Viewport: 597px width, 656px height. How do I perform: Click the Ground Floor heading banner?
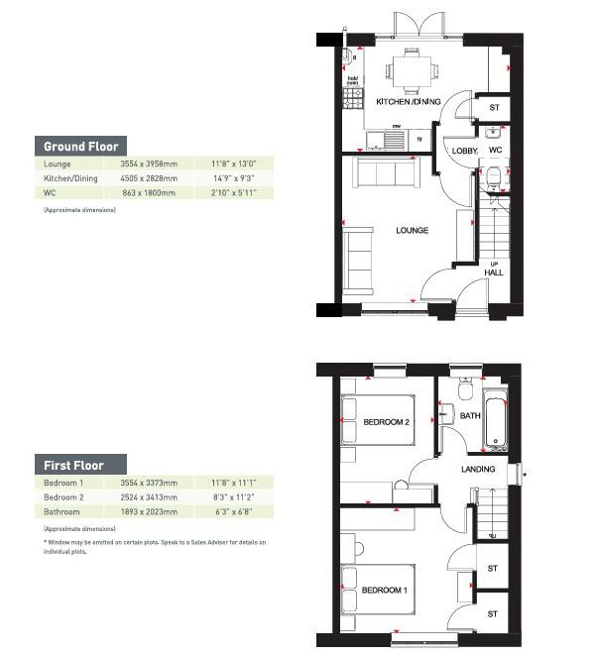click(x=81, y=146)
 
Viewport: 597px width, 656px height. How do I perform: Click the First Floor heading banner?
click(x=81, y=465)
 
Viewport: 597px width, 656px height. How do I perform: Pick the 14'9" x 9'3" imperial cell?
click(x=234, y=178)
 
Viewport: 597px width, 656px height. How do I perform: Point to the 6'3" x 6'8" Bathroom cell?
click(x=234, y=512)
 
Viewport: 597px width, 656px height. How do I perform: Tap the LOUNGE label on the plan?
click(x=412, y=231)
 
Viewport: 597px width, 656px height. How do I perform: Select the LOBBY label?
click(x=464, y=151)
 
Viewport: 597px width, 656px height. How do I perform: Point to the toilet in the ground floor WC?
click(x=495, y=176)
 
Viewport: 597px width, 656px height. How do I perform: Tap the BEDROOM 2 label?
click(x=385, y=423)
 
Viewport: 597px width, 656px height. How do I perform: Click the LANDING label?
click(x=477, y=469)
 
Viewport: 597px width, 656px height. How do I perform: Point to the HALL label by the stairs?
click(x=493, y=273)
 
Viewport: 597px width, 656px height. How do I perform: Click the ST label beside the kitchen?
click(x=493, y=109)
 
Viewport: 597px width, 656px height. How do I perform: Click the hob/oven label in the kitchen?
click(x=352, y=79)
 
